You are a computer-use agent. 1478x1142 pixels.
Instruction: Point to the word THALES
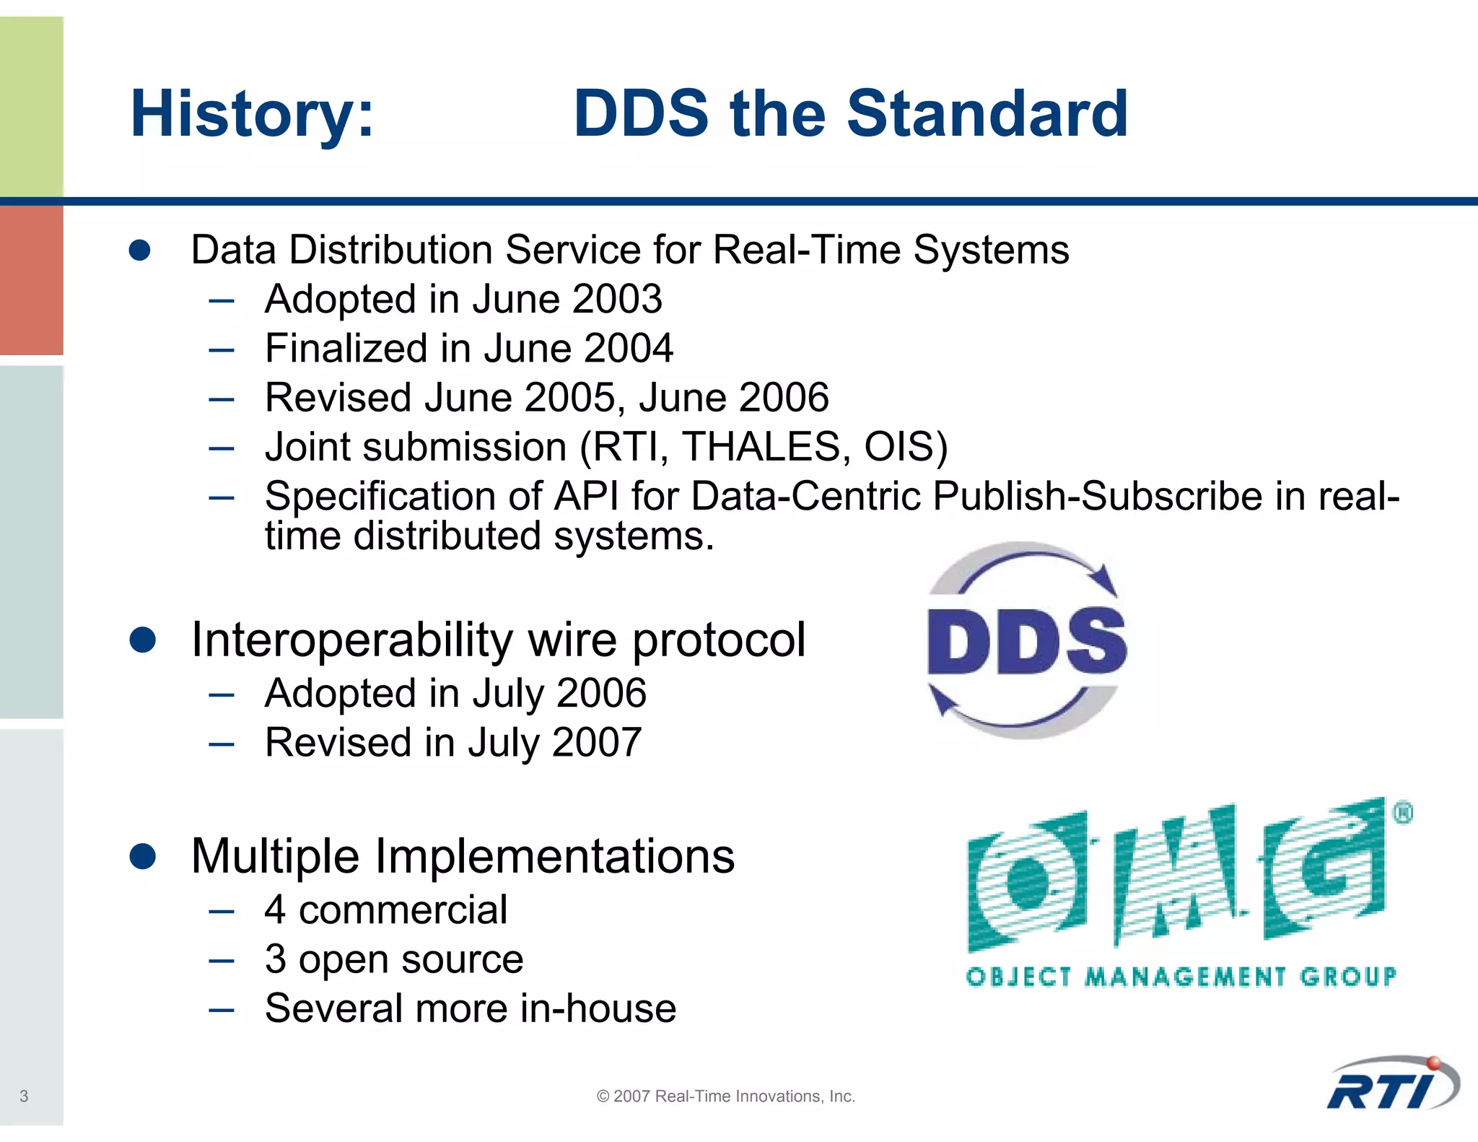point(761,447)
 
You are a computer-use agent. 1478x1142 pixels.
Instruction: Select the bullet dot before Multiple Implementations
point(142,857)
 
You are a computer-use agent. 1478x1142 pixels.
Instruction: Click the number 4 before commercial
point(275,910)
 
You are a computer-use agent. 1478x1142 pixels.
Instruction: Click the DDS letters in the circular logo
point(1026,642)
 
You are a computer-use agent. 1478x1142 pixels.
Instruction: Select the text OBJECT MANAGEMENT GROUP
point(1181,977)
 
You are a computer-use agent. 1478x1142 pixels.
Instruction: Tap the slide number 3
point(24,1097)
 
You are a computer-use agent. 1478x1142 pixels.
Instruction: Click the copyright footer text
point(725,1097)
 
